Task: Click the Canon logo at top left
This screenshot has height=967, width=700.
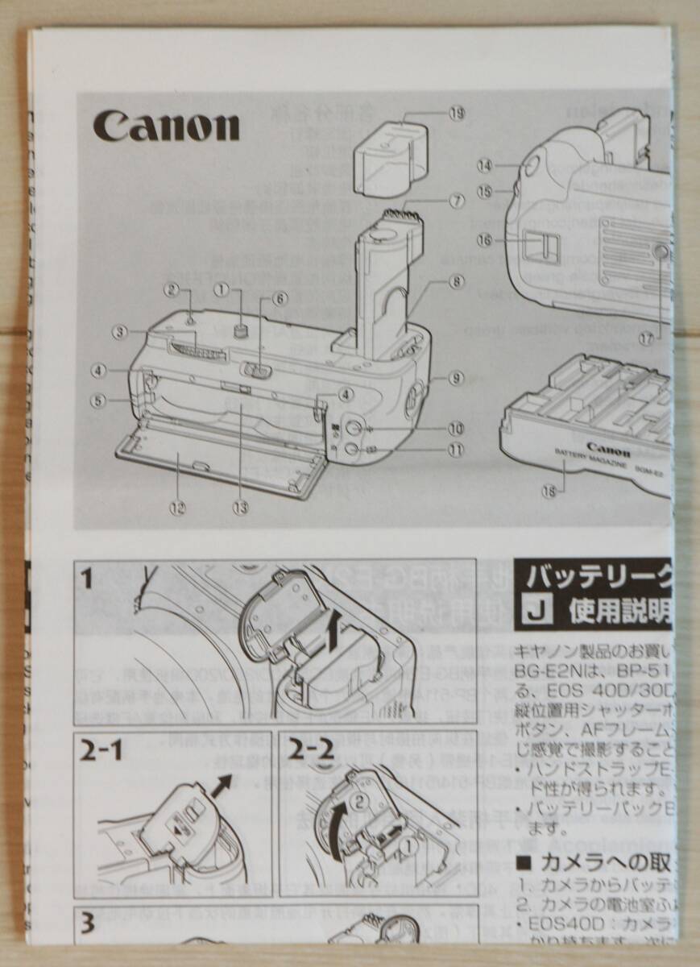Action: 166,126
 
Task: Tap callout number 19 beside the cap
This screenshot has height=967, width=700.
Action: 457,114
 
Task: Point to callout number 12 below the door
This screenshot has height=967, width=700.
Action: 177,508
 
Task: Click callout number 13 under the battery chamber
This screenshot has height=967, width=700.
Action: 239,508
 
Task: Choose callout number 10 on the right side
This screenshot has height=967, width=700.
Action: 457,428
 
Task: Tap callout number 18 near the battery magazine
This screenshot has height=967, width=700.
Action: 549,493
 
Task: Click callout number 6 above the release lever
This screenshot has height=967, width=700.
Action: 280,297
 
